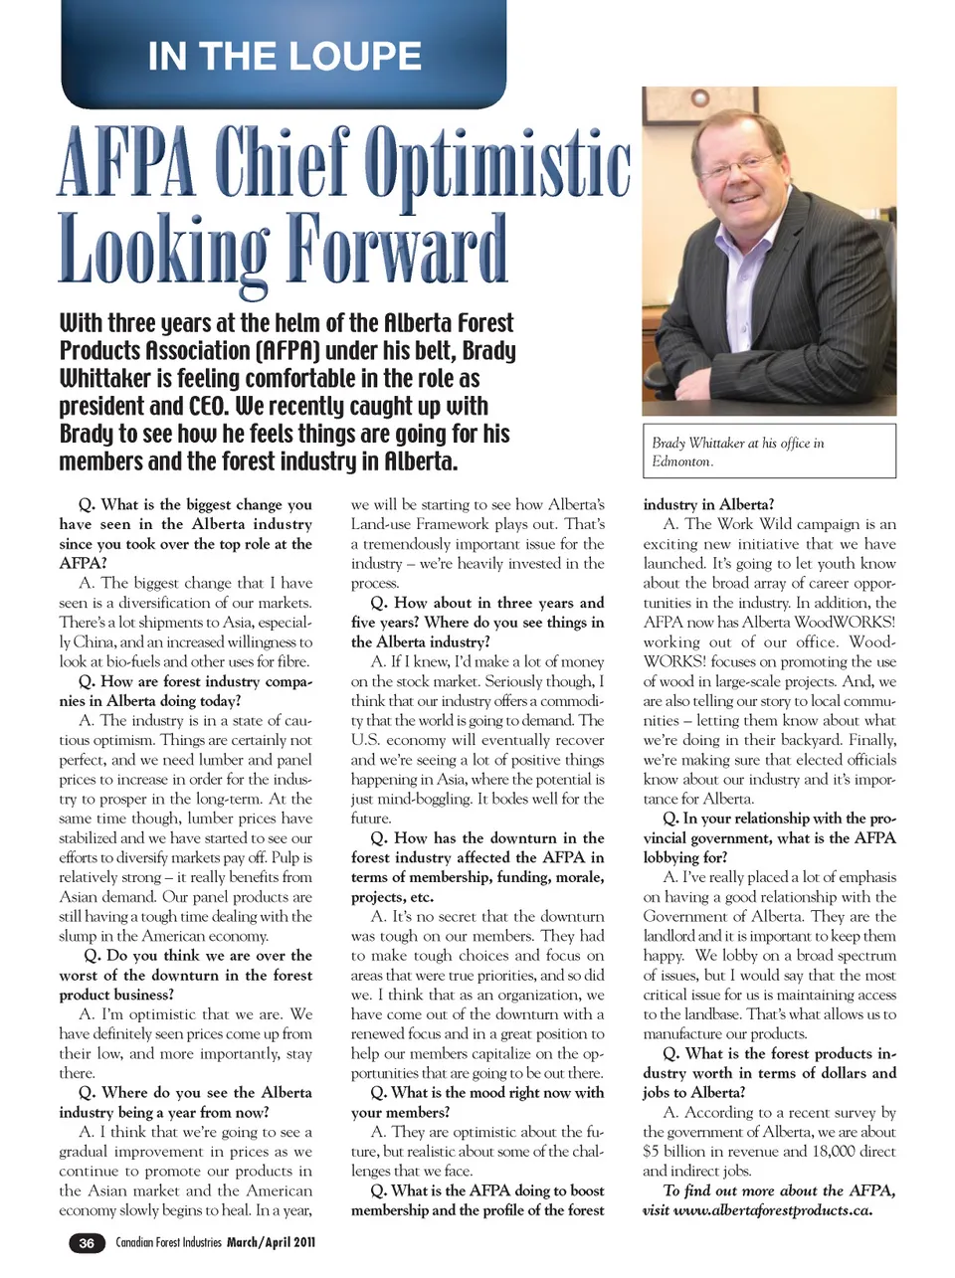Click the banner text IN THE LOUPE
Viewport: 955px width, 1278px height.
285,57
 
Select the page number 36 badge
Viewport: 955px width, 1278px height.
87,1243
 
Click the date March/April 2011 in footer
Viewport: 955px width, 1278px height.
272,1243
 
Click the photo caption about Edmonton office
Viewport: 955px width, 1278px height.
738,452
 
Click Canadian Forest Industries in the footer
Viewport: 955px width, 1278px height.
168,1243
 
